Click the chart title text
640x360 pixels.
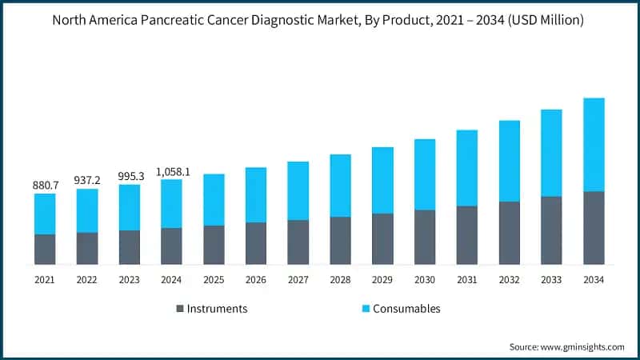(320, 20)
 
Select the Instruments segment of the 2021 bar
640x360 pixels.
(45, 249)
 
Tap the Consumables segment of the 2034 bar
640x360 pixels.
(594, 145)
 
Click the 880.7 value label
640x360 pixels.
(45, 185)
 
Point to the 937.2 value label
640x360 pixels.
(87, 180)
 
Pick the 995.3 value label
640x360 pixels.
(130, 176)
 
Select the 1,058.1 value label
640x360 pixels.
(172, 171)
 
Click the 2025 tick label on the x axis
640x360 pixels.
(214, 280)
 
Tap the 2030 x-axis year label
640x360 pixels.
(425, 280)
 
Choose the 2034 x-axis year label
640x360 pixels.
(594, 280)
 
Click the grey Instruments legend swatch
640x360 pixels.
(180, 309)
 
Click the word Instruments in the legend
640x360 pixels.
(217, 309)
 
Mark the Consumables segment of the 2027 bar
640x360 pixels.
(298, 190)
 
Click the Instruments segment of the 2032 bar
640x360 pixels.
(510, 233)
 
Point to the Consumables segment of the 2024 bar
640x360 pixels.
(172, 203)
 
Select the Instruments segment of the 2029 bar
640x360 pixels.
(382, 238)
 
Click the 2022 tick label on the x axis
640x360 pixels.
(87, 280)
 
